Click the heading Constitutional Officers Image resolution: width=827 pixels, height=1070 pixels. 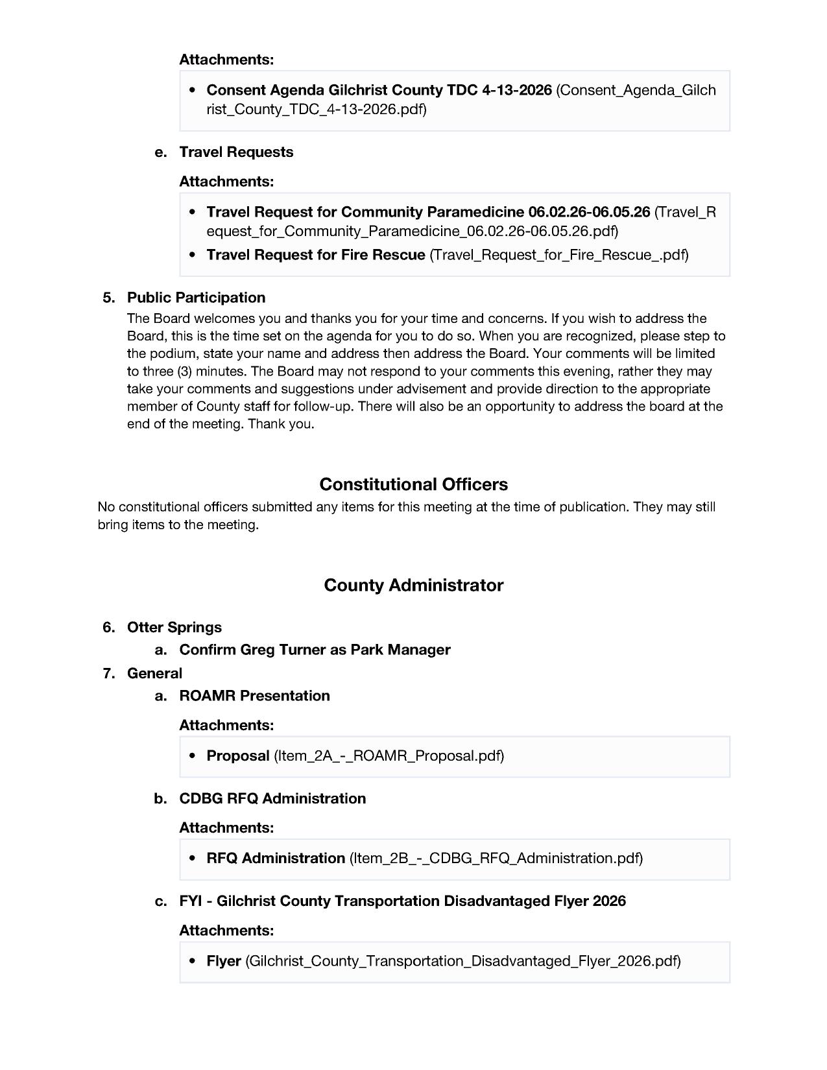tap(413, 484)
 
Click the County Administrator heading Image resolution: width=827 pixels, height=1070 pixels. tap(413, 585)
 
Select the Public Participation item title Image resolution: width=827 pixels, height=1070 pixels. tap(196, 298)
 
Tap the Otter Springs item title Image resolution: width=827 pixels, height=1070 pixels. tap(174, 627)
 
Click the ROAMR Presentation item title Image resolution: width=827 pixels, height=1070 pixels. tap(254, 696)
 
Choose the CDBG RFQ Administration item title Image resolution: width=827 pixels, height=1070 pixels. tap(272, 798)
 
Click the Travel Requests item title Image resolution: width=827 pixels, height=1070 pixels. tap(236, 152)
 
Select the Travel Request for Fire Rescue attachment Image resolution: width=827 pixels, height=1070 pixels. tap(315, 255)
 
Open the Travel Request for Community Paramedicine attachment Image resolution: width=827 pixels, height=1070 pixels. tap(428, 212)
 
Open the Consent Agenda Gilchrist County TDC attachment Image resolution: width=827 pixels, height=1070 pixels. tap(379, 90)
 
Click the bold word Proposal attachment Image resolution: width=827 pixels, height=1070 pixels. tap(237, 755)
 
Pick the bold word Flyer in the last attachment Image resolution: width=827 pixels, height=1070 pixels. tap(224, 961)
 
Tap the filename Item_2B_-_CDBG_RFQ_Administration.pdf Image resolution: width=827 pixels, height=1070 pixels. tap(496, 859)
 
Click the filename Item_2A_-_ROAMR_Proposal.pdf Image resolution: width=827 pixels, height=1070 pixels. tap(389, 755)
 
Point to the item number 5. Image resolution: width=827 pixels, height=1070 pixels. tap(108, 298)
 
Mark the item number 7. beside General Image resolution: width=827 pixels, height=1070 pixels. tap(108, 673)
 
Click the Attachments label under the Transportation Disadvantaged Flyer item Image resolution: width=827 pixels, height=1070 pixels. tap(226, 931)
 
